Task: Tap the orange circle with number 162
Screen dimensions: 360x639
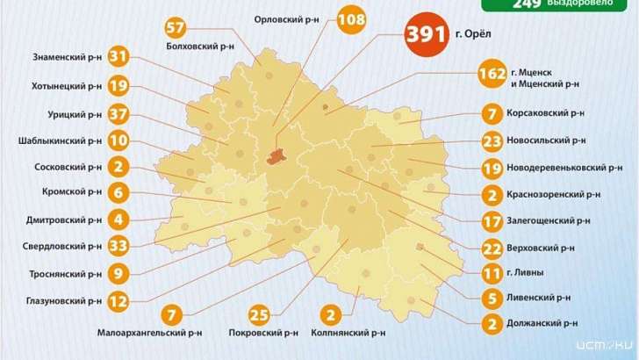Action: (x=492, y=75)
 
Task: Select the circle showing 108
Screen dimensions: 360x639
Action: (x=351, y=19)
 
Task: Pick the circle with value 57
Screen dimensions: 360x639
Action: (x=176, y=26)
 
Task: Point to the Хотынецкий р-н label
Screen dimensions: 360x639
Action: (x=66, y=86)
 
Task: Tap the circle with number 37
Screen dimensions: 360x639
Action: (x=119, y=114)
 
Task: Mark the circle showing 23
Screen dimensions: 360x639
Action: (x=492, y=140)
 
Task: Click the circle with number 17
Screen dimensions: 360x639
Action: (x=492, y=221)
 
